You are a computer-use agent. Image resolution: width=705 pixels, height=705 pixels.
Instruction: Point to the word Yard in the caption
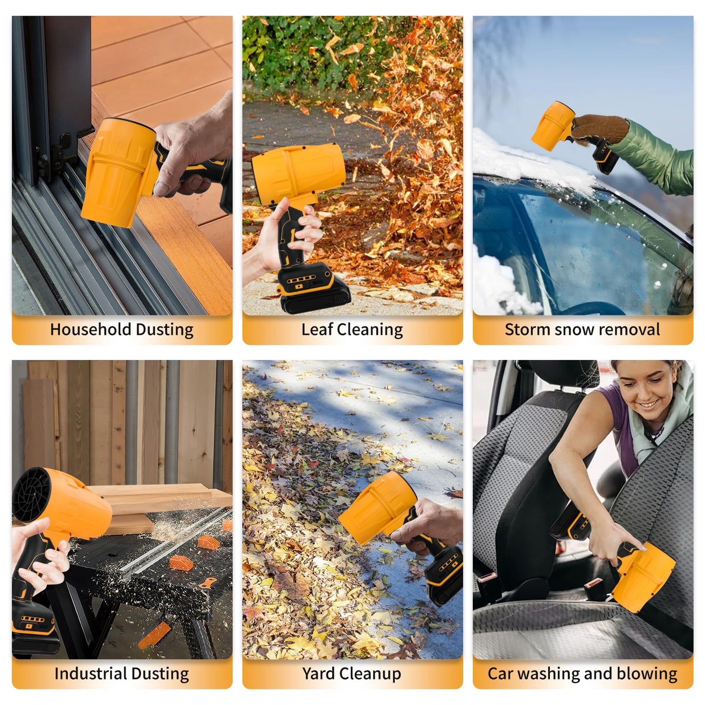click(318, 674)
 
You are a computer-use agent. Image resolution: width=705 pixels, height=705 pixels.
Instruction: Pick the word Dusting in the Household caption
click(164, 330)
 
